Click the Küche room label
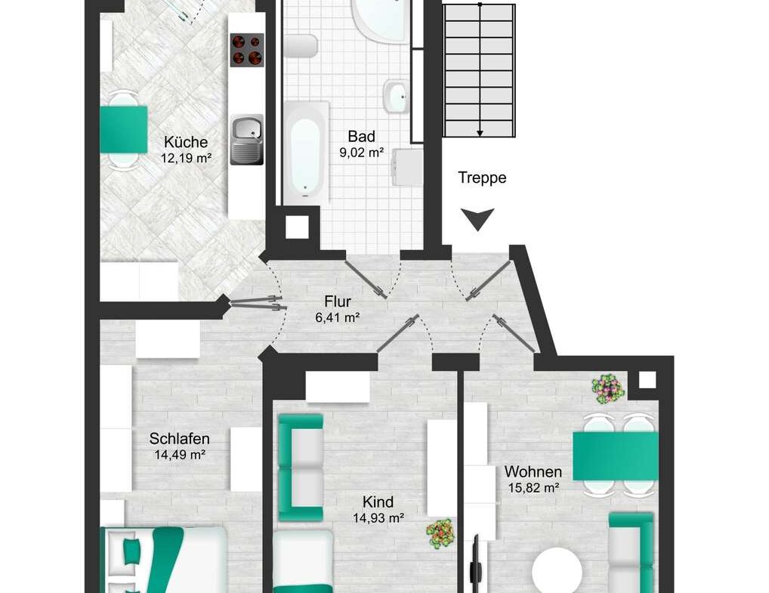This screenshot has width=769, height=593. [x=185, y=142]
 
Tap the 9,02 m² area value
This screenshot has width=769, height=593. [x=361, y=153]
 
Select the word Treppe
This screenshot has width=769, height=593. [x=482, y=178]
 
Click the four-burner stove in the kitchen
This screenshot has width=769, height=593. [x=247, y=50]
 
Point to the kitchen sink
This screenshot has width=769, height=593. [x=247, y=140]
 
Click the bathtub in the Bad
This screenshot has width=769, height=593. [x=305, y=153]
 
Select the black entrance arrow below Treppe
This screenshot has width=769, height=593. [x=477, y=219]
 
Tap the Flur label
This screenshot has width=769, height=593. [x=338, y=301]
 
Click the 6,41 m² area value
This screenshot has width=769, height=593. [x=338, y=317]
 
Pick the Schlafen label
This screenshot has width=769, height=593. [x=180, y=438]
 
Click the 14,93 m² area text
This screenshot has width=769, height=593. [x=378, y=517]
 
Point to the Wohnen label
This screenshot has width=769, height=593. [x=533, y=472]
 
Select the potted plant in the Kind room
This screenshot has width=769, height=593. [x=440, y=533]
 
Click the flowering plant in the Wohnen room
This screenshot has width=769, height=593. [x=608, y=389]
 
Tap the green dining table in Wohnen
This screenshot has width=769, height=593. [x=616, y=456]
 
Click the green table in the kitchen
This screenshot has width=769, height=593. [x=124, y=129]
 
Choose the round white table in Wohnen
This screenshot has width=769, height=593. [x=557, y=570]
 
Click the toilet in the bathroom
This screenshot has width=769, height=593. [x=301, y=46]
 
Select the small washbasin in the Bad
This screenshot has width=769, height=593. [x=396, y=97]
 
